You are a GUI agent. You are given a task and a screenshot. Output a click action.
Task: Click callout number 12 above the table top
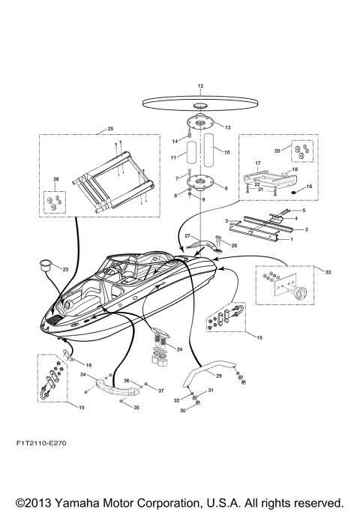click(200, 88)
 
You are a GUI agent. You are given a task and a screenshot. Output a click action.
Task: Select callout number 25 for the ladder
click(110, 129)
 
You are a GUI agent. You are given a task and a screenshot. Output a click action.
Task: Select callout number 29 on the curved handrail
click(218, 376)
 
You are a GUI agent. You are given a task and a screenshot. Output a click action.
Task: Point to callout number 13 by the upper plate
click(227, 127)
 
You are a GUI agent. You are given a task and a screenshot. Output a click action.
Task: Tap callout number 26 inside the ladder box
click(55, 179)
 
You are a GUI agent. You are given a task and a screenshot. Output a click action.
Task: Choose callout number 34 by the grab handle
click(83, 376)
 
